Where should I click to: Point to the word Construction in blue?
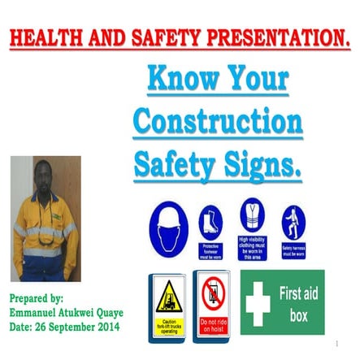tap(217, 123)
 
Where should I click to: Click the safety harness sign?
tap(293, 223)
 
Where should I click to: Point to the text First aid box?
tap(298, 303)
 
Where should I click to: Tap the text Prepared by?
tap(37, 298)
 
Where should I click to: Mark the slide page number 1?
tap(336, 344)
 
